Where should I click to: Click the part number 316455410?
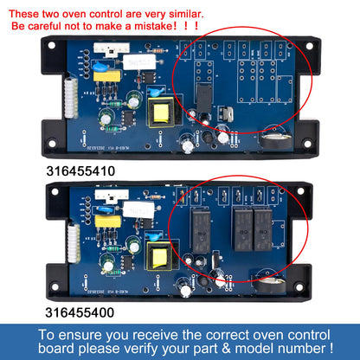(80, 171)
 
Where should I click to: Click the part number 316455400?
(80, 312)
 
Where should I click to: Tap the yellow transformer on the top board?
(162, 112)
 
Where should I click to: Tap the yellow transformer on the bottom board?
(159, 256)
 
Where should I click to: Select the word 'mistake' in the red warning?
(153, 26)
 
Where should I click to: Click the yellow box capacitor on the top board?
(106, 76)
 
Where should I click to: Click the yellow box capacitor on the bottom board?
(107, 222)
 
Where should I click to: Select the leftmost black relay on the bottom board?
(201, 231)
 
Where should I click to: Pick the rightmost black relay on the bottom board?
(263, 230)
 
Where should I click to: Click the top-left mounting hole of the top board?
(52, 46)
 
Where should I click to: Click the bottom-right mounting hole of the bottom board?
(299, 287)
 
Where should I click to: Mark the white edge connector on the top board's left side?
(71, 98)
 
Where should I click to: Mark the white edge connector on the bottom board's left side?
(74, 244)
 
